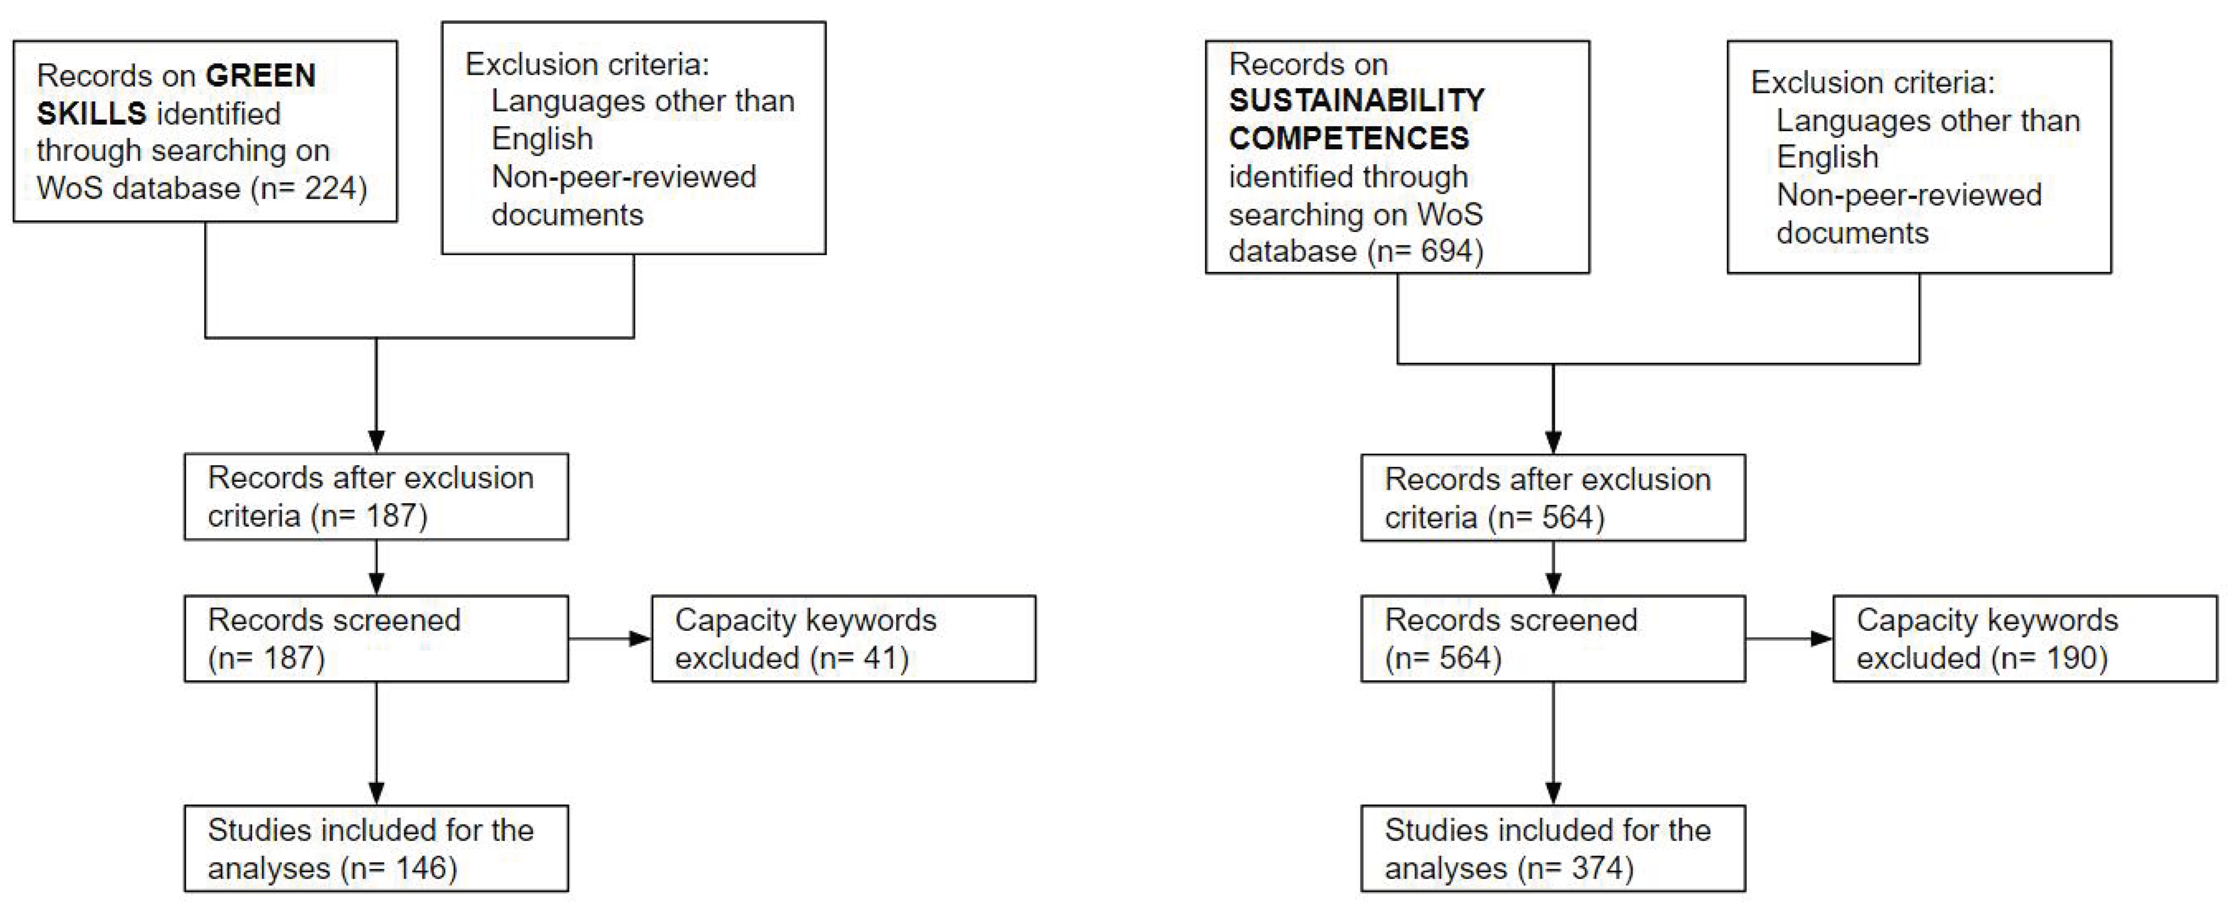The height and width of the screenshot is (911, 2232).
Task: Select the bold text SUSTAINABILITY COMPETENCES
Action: (1356, 119)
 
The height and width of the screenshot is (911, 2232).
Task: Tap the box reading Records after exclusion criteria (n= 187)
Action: (376, 497)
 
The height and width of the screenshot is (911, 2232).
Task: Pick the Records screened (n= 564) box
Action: (1553, 639)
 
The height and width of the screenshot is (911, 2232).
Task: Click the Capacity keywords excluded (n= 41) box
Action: (843, 639)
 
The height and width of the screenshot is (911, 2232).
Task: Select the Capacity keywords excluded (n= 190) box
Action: (2024, 639)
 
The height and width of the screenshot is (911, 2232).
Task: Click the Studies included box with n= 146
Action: (376, 849)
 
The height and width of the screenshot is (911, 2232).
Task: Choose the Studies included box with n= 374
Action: (1553, 849)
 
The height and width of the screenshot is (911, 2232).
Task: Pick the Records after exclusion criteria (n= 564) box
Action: (1553, 498)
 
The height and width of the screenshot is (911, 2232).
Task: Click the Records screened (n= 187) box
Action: (376, 639)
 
